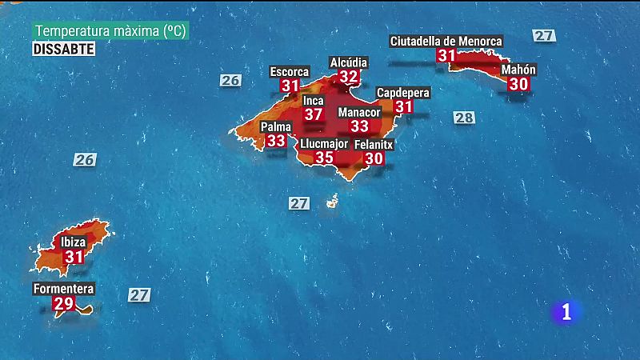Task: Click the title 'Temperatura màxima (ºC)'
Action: (x=110, y=31)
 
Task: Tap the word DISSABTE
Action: (x=64, y=49)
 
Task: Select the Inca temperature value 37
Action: (x=314, y=114)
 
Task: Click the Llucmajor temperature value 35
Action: (x=323, y=158)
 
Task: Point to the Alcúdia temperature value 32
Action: (x=348, y=77)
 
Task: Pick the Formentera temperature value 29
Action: (x=63, y=303)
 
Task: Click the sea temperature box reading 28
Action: (x=464, y=118)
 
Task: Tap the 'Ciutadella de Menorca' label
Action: (x=446, y=41)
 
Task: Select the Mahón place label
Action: (x=518, y=70)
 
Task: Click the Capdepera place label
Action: (x=403, y=92)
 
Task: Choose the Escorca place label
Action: (x=290, y=72)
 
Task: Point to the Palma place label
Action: (x=276, y=126)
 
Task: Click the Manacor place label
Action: (x=359, y=112)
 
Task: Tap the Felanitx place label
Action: (x=374, y=145)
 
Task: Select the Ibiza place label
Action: (x=74, y=242)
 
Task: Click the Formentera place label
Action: (x=63, y=288)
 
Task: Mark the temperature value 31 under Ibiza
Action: (x=74, y=257)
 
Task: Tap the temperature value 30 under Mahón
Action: (x=518, y=84)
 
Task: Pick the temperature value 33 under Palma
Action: (x=276, y=141)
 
